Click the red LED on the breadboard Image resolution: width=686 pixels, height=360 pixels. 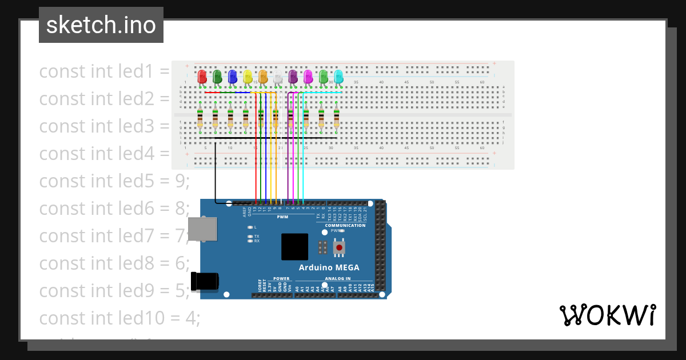point(202,76)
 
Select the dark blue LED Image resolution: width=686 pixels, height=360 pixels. point(232,76)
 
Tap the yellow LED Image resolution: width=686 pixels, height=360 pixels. point(248,76)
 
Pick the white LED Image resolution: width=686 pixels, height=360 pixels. point(278,77)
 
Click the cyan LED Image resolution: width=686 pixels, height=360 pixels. point(338,76)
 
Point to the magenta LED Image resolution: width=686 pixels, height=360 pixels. point(308,76)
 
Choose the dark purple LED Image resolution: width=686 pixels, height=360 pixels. point(293,76)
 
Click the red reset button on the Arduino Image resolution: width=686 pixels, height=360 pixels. point(340,247)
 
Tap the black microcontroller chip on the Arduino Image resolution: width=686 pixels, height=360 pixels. point(294,247)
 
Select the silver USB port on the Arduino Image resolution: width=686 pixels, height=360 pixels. point(202,228)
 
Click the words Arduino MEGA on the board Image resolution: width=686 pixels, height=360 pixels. point(329,267)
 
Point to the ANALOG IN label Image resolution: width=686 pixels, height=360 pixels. point(338,279)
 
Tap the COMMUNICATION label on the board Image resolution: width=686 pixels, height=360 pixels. point(345,226)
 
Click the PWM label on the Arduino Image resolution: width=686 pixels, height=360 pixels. point(282,217)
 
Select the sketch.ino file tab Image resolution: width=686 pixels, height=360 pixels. point(101,25)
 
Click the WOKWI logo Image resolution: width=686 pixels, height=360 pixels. point(607,315)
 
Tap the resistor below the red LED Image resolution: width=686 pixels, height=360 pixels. point(200,118)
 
